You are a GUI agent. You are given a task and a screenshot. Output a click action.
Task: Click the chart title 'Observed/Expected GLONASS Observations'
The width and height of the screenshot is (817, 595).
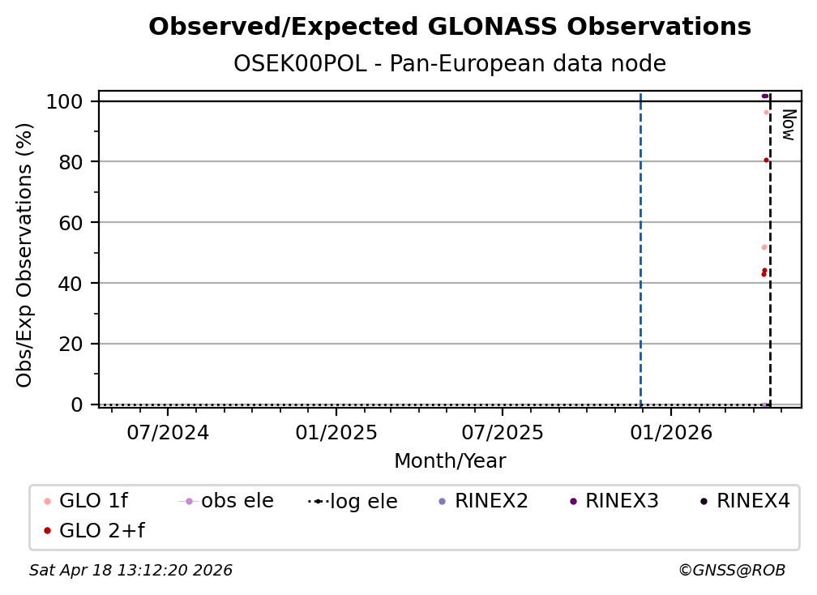point(450,27)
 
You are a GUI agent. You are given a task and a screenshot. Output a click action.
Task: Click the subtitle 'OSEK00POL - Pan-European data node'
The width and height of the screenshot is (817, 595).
point(450,64)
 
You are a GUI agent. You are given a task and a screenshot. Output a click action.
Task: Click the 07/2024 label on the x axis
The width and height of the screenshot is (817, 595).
point(168,433)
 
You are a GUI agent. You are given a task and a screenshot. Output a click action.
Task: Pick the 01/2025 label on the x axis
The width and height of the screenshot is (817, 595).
point(336,433)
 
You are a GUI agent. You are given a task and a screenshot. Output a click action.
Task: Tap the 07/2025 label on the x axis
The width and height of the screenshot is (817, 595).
point(502,433)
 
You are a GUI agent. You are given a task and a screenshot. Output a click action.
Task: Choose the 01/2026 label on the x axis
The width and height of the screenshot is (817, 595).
point(669,433)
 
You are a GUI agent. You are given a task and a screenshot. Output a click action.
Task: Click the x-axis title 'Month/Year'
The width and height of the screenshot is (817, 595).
point(450,461)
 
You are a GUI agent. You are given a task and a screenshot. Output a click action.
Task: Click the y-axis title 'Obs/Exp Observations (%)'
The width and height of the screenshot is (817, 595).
point(25,255)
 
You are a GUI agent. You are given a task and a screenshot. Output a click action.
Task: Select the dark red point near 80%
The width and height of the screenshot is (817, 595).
point(766,160)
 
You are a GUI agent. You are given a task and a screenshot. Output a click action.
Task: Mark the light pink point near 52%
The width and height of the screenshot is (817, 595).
point(764,247)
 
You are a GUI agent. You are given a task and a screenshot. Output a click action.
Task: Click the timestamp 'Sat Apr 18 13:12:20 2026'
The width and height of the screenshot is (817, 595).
point(130,571)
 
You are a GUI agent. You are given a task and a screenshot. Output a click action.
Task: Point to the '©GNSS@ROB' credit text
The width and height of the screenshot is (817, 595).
point(732,571)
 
